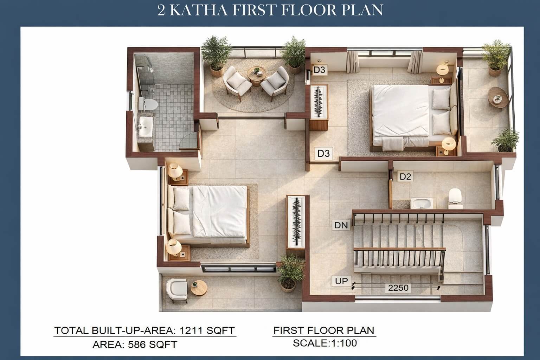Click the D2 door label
pyautogui.click(x=405, y=176)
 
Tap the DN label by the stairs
pyautogui.click(x=341, y=225)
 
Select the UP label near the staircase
pyautogui.click(x=341, y=281)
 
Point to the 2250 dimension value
pyautogui.click(x=398, y=288)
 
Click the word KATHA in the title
pyautogui.click(x=198, y=10)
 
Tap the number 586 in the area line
pyautogui.click(x=137, y=345)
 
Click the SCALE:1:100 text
pyautogui.click(x=325, y=343)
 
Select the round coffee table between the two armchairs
pyautogui.click(x=257, y=75)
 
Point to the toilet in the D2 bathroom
pyautogui.click(x=455, y=198)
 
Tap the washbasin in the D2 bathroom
pyautogui.click(x=422, y=203)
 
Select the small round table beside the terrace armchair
pyautogui.click(x=199, y=288)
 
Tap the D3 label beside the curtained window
pyautogui.click(x=319, y=70)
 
